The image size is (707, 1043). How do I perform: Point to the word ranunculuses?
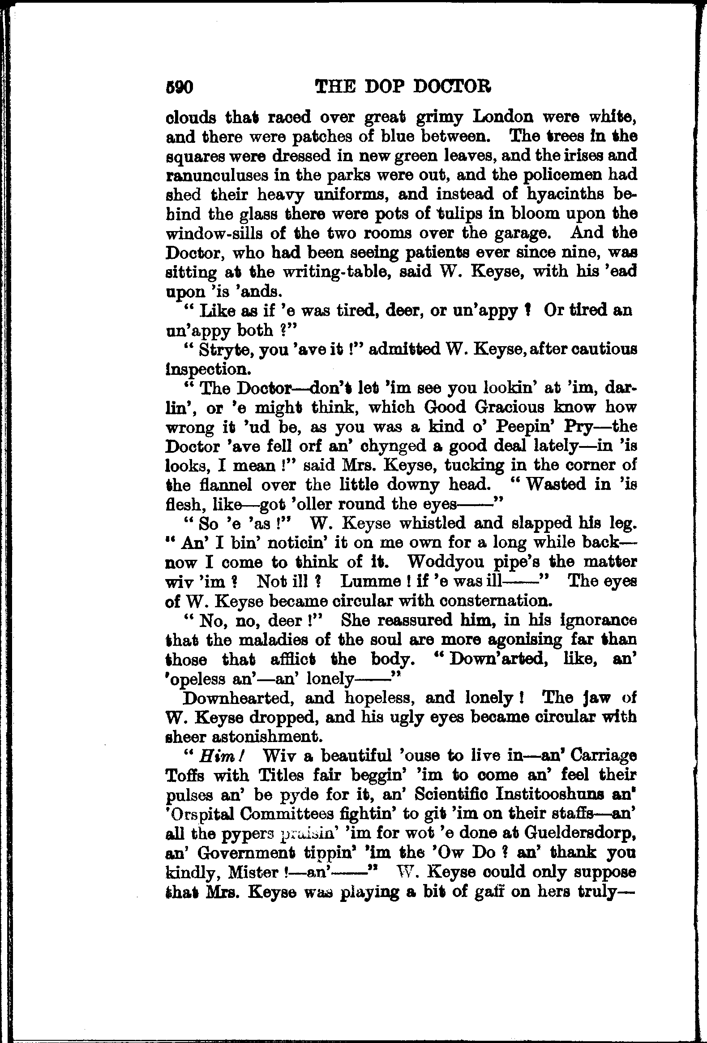[x=227, y=175]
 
